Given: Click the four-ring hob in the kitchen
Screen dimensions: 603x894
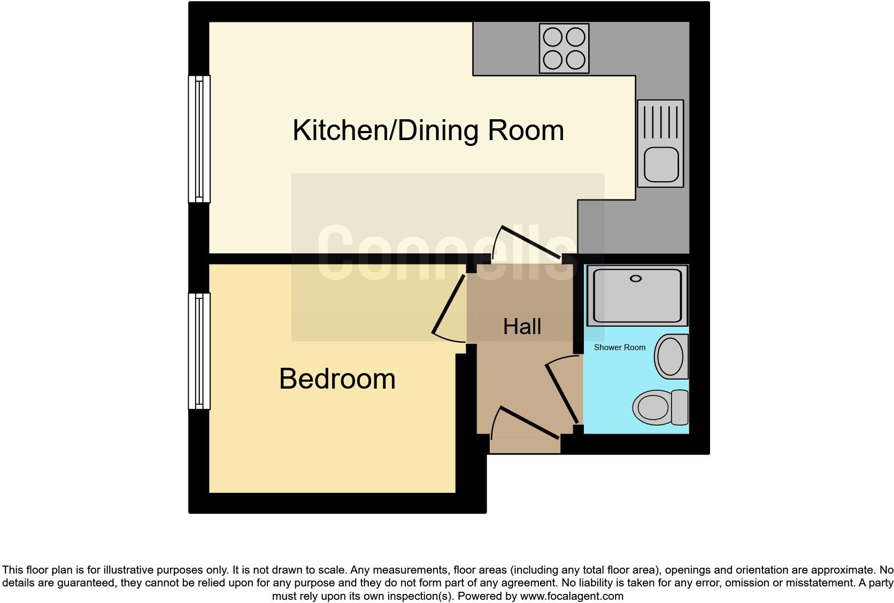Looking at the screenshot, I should click(564, 48).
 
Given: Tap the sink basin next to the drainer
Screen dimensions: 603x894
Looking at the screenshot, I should click(661, 164).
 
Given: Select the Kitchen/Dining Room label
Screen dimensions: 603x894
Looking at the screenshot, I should click(428, 130).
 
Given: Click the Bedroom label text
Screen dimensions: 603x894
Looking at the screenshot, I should click(337, 379).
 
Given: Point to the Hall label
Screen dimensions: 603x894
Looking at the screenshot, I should click(522, 327).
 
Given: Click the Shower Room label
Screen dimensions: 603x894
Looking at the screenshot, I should click(620, 347).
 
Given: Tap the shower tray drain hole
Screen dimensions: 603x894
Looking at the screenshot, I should click(636, 279).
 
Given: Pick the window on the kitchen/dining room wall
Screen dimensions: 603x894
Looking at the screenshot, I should click(199, 139).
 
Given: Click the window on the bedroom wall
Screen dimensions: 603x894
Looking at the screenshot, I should click(199, 351).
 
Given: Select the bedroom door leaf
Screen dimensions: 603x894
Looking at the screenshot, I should click(448, 305).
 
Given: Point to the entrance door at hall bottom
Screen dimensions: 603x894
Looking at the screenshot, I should click(529, 422).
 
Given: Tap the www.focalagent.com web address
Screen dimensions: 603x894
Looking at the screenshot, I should click(572, 596).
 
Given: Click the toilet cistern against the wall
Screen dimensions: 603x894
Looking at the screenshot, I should click(680, 407).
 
